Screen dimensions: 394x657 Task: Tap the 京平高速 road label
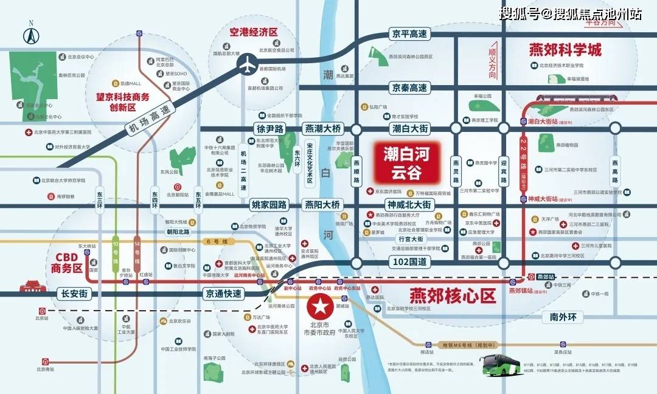[409, 35]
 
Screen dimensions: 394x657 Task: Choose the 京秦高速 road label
[409, 88]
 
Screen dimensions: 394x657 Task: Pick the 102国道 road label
[409, 262]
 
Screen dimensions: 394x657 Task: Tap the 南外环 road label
[566, 316]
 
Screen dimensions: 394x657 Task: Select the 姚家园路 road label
[268, 205]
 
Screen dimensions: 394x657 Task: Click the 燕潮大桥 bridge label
[323, 129]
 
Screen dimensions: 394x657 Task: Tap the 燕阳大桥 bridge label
[322, 205]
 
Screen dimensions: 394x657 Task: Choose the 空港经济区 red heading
[253, 32]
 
